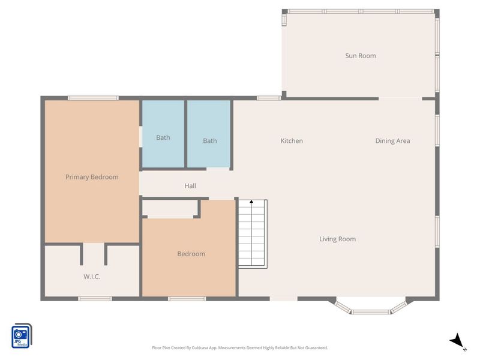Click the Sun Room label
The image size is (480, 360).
(360, 56)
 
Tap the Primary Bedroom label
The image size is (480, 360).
(92, 177)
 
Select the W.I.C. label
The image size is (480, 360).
(92, 277)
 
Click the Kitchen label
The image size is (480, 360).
(292, 141)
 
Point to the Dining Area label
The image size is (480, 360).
(392, 141)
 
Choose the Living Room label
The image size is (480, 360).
(337, 239)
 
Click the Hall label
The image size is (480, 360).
(190, 186)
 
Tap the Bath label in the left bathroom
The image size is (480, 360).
(163, 137)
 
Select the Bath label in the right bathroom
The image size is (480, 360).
(209, 141)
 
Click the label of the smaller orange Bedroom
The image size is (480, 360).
(191, 254)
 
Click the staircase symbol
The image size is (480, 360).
(252, 234)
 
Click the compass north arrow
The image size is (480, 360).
(457, 340)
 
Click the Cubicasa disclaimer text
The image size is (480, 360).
(240, 347)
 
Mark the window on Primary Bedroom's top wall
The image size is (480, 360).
(92, 98)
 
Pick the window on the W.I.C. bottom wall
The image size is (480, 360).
(95, 298)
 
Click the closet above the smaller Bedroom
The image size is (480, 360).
(170, 209)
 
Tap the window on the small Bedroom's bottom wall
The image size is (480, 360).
(187, 298)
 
